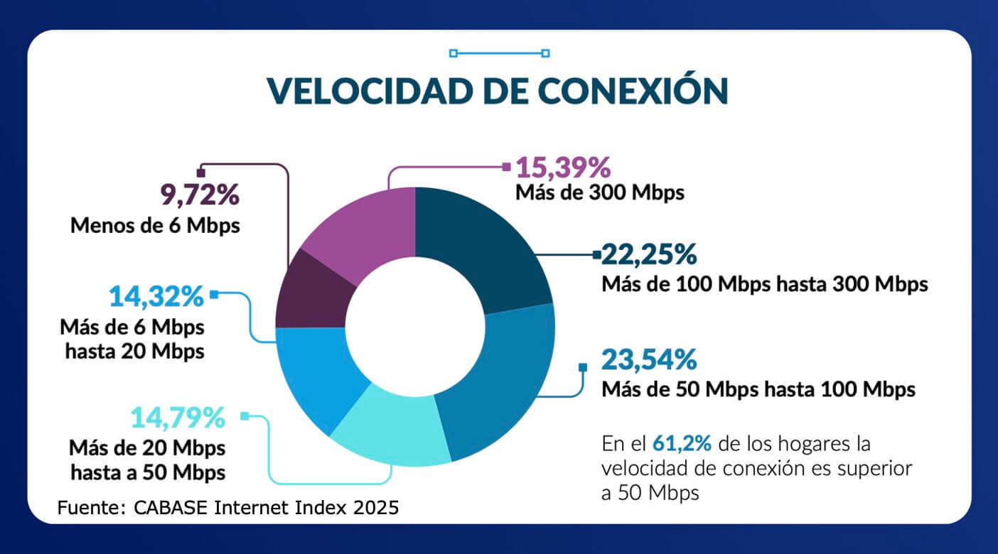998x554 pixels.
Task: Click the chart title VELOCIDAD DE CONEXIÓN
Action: pos(498,91)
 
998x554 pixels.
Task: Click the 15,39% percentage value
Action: pos(563,168)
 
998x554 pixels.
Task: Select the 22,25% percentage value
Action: pos(649,254)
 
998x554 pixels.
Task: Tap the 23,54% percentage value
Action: pos(648,359)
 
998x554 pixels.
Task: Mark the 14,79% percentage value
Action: pos(178,418)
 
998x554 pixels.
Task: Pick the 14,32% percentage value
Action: pos(156,296)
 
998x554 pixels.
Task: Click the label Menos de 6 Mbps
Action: pos(155,226)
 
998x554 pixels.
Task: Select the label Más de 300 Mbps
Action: pos(599,192)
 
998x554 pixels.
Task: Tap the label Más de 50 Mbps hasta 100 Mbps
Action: pos(758,389)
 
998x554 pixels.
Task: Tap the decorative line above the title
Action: pos(499,53)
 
